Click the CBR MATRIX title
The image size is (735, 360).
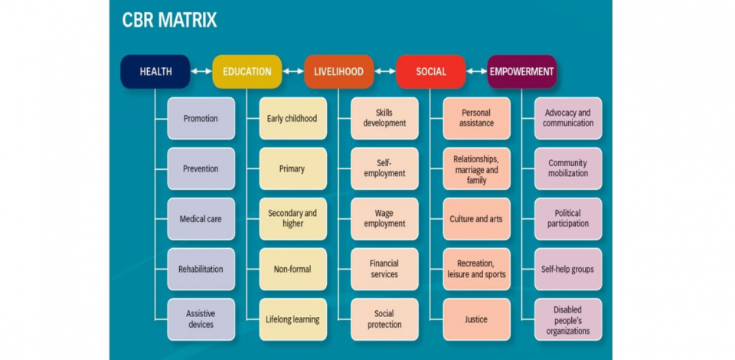169,20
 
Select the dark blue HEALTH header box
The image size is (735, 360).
155,72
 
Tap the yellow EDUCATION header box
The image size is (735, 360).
247,72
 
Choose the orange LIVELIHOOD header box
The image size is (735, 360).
338,72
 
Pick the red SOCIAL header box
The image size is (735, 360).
430,72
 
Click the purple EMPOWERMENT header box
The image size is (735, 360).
522,72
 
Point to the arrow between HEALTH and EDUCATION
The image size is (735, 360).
201,72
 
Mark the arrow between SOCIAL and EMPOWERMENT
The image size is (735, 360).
476,72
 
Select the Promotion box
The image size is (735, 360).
201,119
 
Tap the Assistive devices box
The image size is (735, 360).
201,319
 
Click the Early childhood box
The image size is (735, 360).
292,119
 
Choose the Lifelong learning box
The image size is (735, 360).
292,319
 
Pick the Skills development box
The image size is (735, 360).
384,119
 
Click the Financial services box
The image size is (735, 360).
384,269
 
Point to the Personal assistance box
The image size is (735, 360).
476,119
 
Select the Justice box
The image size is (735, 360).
476,319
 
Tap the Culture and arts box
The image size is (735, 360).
476,219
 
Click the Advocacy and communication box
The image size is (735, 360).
568,119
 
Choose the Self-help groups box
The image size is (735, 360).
568,269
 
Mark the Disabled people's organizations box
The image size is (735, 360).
568,319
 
